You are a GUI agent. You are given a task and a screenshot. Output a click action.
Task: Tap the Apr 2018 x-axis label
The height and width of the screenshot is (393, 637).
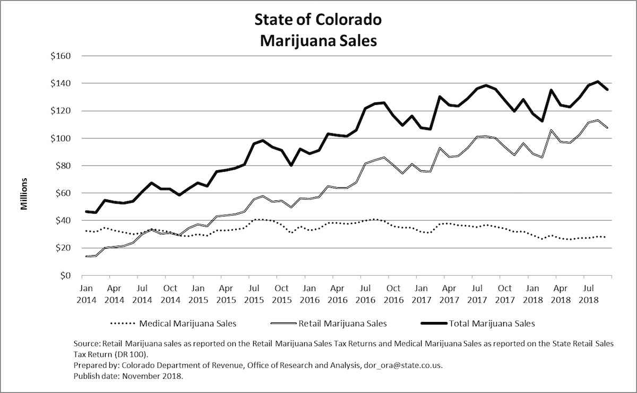click(556, 293)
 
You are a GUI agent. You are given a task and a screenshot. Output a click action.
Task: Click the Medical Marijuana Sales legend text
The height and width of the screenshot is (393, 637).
click(187, 322)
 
